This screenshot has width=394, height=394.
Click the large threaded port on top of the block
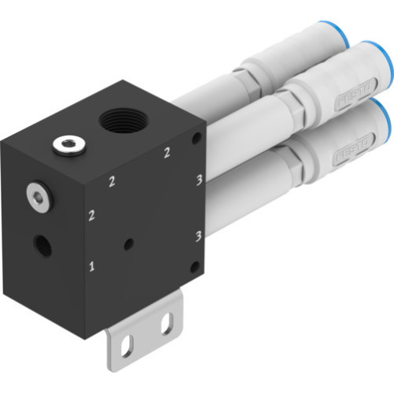coord(124,122)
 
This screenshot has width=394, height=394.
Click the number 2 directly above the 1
coord(92,214)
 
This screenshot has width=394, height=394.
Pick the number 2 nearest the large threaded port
coord(166,153)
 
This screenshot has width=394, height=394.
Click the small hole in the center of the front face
coord(128,245)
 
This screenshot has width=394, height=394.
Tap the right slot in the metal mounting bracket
coord(166,322)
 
